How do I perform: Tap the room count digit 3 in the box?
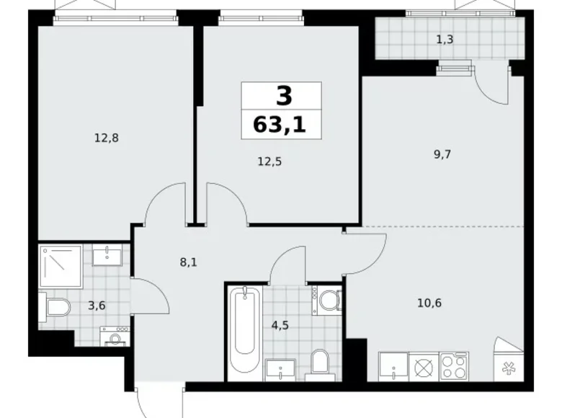280,95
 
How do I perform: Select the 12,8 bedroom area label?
106,138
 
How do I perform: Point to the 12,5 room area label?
269,162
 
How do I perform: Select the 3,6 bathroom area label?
97,305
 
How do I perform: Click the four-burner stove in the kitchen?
454,366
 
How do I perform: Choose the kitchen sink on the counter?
395,366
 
